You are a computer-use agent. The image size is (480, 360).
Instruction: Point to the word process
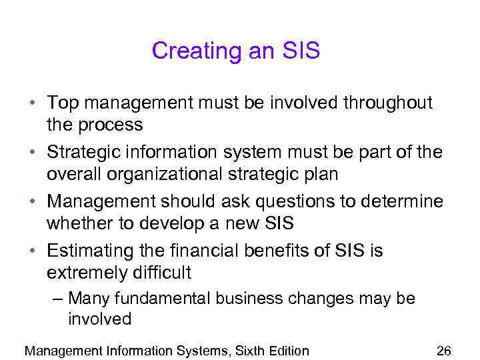(111, 125)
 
